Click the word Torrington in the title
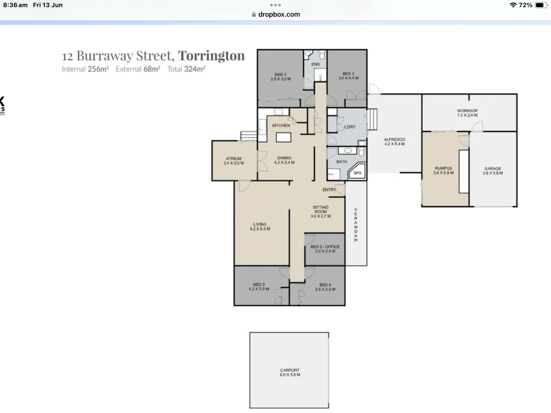[x=211, y=56]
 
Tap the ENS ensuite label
[x=315, y=64]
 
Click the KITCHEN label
[x=281, y=125]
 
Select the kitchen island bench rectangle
[x=284, y=137]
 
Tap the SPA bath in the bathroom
[x=357, y=172]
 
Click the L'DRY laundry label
[x=350, y=127]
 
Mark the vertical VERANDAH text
[x=355, y=225]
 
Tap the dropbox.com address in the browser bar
[x=279, y=15]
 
